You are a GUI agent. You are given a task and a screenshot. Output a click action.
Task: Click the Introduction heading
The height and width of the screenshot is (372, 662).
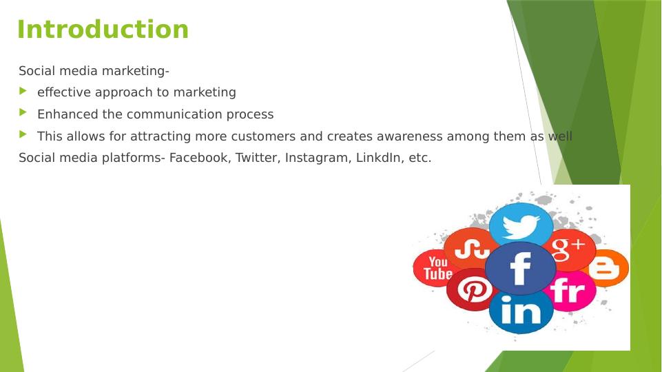[x=103, y=30]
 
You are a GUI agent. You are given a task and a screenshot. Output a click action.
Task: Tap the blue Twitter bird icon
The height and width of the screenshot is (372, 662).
[x=521, y=224]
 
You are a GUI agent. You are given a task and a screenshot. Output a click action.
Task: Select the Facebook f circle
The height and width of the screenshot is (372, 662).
[x=520, y=269]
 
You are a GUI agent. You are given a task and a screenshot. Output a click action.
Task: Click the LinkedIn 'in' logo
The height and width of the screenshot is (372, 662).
[x=521, y=311]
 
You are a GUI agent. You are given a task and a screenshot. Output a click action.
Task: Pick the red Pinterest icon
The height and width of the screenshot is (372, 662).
[x=470, y=289]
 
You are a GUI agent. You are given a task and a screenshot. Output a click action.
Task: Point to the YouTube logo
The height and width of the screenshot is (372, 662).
[x=435, y=268]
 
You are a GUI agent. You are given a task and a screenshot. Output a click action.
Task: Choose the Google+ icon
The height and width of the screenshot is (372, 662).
[x=569, y=250]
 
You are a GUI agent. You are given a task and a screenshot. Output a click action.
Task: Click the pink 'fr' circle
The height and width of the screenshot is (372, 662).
[x=569, y=291]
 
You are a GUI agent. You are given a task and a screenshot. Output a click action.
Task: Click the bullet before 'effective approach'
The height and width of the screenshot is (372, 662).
[x=23, y=91]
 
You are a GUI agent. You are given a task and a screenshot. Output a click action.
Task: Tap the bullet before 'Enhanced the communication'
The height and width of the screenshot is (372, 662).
[x=23, y=113]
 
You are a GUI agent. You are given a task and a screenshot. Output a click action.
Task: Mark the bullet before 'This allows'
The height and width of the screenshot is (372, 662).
[x=23, y=135]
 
